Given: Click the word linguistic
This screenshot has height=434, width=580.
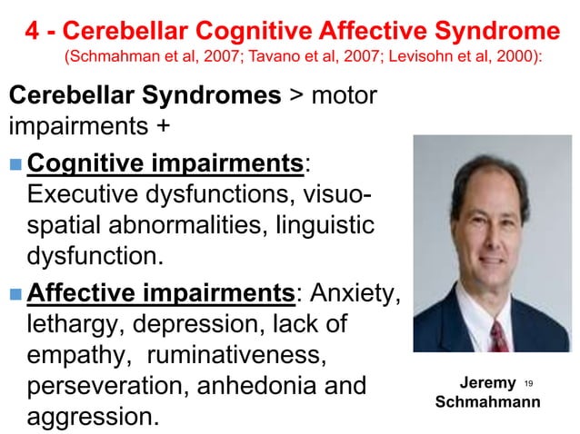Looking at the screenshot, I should coord(324,226).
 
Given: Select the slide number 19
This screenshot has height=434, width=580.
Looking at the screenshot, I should coord(529,384).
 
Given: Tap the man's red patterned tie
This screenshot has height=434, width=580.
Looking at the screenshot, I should coord(498,335).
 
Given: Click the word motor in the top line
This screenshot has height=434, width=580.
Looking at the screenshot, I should coord(344,95).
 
